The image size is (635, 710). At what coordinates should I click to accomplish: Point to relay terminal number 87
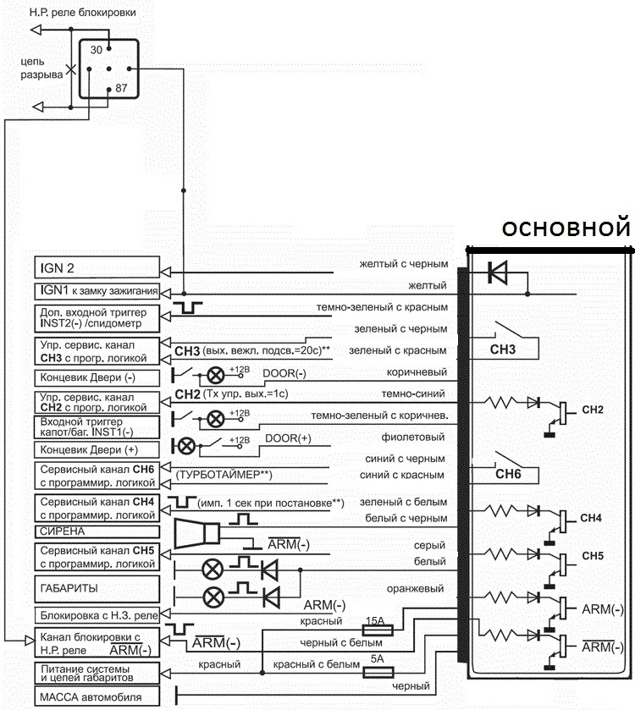point(120,87)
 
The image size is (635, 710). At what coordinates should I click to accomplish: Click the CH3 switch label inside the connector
point(503,347)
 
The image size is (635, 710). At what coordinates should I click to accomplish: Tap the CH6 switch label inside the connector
point(503,475)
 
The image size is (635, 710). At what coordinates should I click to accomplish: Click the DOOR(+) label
point(288,438)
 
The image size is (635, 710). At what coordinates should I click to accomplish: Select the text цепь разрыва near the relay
point(41,69)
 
